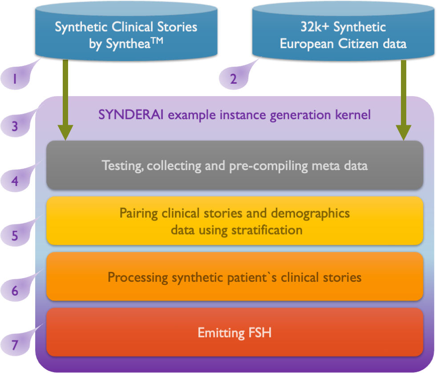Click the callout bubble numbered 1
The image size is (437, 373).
pos(15,79)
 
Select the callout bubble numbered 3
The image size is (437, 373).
pos(15,126)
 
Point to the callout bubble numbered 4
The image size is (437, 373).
pos(15,182)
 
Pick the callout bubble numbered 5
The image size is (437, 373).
pos(15,235)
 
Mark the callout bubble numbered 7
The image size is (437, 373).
pos(15,345)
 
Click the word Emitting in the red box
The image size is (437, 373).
pos(219,333)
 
